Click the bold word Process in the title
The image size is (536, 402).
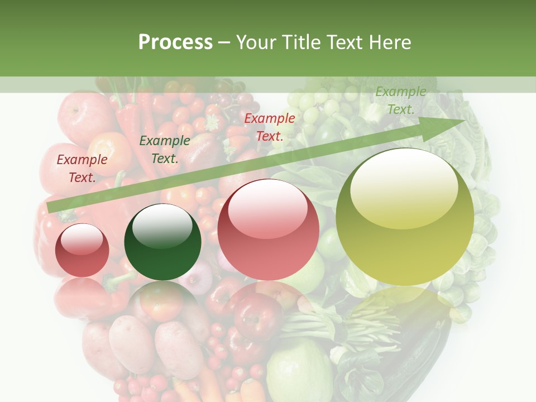(175, 42)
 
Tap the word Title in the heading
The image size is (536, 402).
(300, 42)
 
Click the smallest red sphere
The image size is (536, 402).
(82, 251)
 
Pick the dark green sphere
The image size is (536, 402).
(162, 242)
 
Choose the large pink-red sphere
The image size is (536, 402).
(268, 230)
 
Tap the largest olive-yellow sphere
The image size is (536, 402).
(405, 217)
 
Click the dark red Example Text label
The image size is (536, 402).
(82, 169)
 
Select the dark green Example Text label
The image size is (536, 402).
(164, 150)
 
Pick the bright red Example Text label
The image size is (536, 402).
(270, 127)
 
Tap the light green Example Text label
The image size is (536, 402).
(400, 100)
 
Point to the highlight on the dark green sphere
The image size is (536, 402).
(162, 225)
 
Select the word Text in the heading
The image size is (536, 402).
(343, 42)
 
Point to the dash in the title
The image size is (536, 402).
(224, 43)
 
